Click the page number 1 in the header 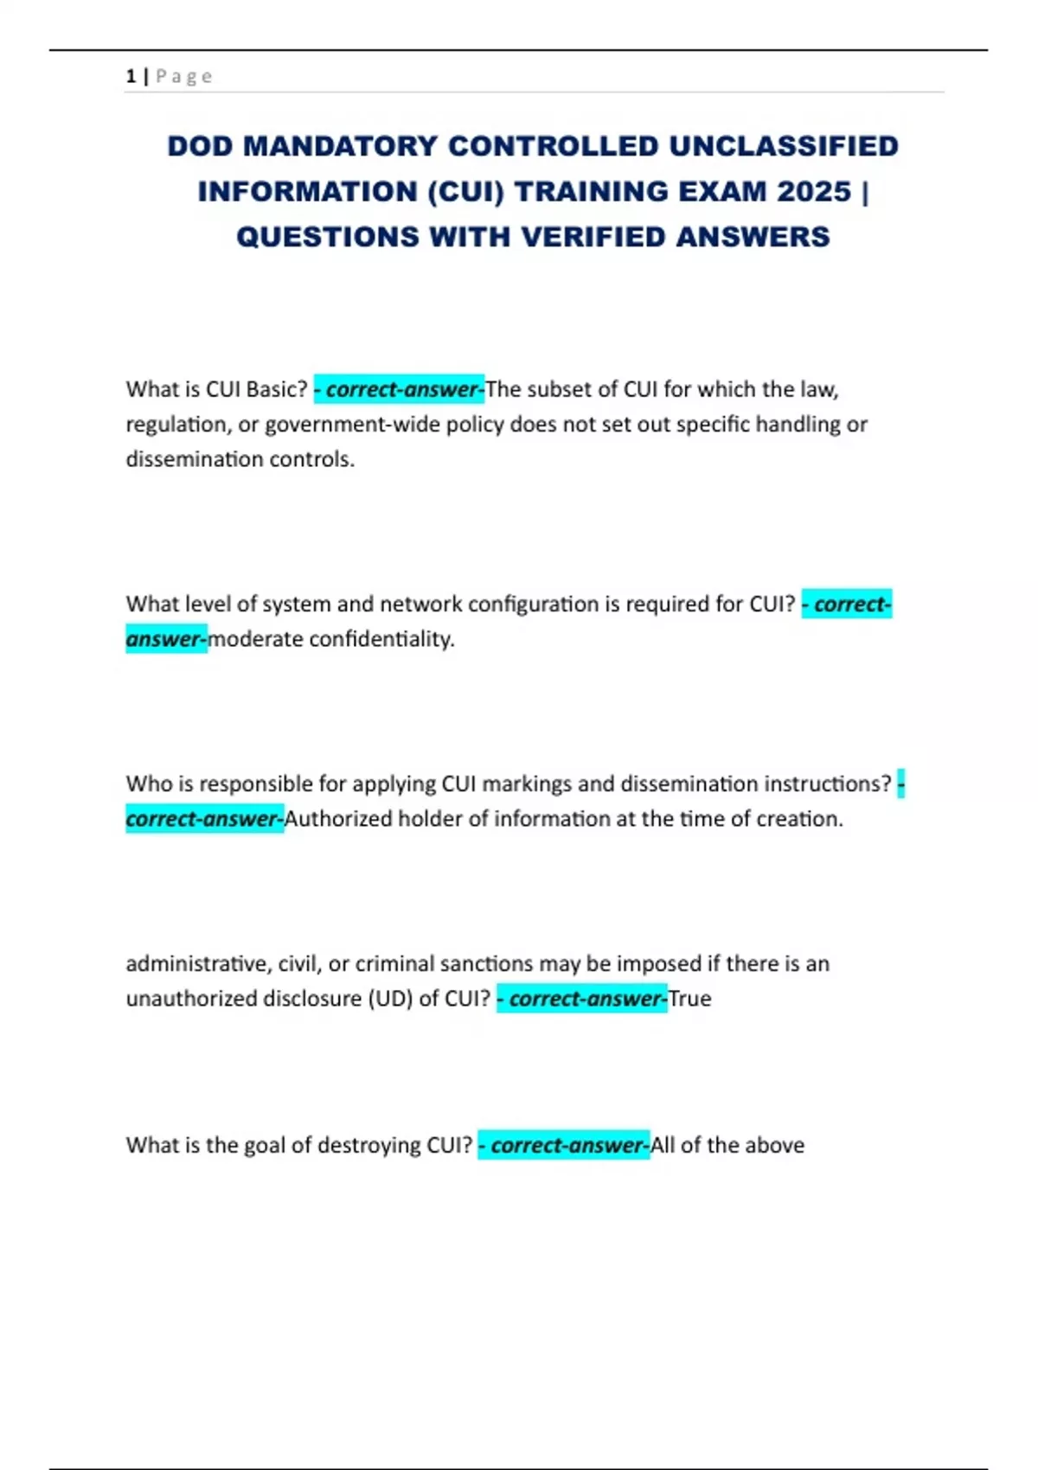131,76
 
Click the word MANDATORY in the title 340,146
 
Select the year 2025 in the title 814,191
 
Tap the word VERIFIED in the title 593,237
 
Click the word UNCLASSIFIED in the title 784,146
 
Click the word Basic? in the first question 277,389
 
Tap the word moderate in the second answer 255,639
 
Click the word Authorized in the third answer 338,819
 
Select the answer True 689,999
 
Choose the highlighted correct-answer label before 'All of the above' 564,1145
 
